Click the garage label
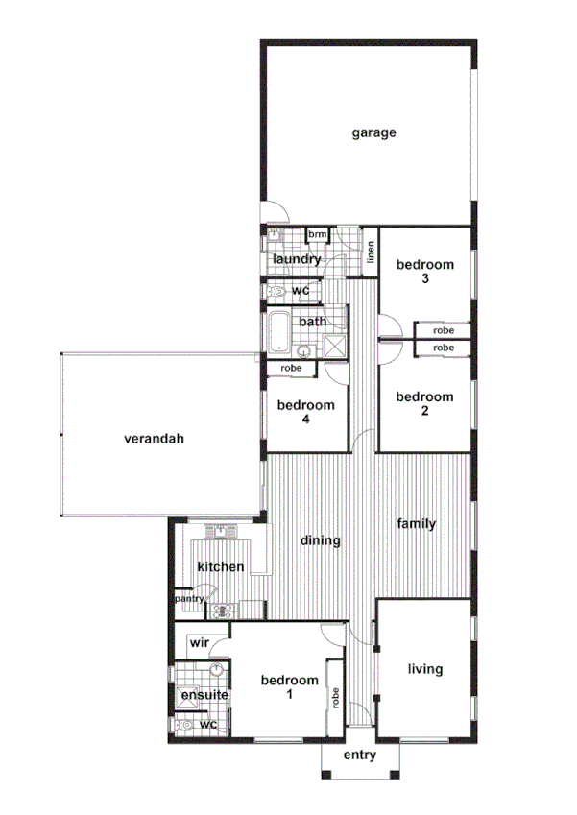373,132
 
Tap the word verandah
154,440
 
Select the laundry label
297,260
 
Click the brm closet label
317,234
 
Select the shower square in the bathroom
335,347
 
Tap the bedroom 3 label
424,272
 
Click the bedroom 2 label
424,404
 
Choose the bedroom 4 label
306,412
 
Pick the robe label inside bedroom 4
292,369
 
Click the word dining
321,540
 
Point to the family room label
418,524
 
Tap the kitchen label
221,567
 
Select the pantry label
188,599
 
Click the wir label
200,642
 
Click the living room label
424,669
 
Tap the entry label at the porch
359,756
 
